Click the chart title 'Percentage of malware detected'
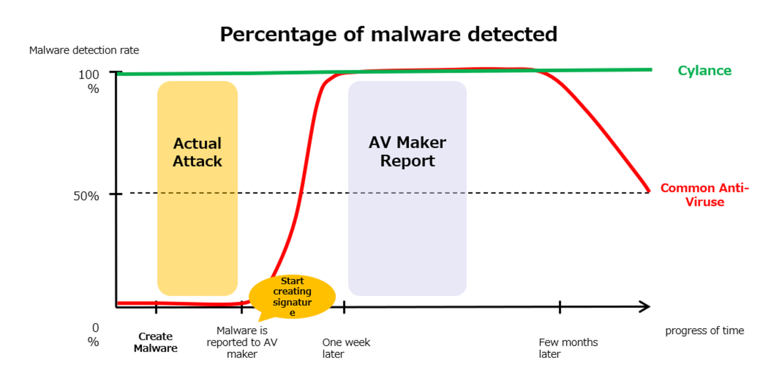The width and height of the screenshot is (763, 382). pos(388,34)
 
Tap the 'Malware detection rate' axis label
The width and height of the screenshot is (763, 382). pos(84,50)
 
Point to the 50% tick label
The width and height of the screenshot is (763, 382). pos(86,196)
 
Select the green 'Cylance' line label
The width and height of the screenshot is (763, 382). pos(704,70)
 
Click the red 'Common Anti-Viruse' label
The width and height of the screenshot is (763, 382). pos(704,195)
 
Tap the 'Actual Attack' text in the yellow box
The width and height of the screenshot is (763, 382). pos(197,152)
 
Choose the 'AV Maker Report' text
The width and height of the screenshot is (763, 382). pos(408,152)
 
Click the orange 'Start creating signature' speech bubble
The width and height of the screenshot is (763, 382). pos(292,297)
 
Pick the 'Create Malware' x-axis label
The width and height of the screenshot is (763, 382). pos(155,342)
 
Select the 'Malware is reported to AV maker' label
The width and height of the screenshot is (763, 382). pos(242,342)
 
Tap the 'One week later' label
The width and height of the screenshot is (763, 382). pos(346,348)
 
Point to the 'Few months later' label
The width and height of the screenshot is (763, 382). pos(568,348)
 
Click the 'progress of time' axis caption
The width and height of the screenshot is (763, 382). pos(704,331)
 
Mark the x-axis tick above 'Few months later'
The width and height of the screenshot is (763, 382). pos(560,307)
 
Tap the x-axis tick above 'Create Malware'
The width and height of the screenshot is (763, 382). pos(156,307)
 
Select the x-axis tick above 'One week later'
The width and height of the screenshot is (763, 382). pos(344,307)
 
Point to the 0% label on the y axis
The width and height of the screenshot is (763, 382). pos(93,335)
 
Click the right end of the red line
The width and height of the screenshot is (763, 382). pos(649,191)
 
